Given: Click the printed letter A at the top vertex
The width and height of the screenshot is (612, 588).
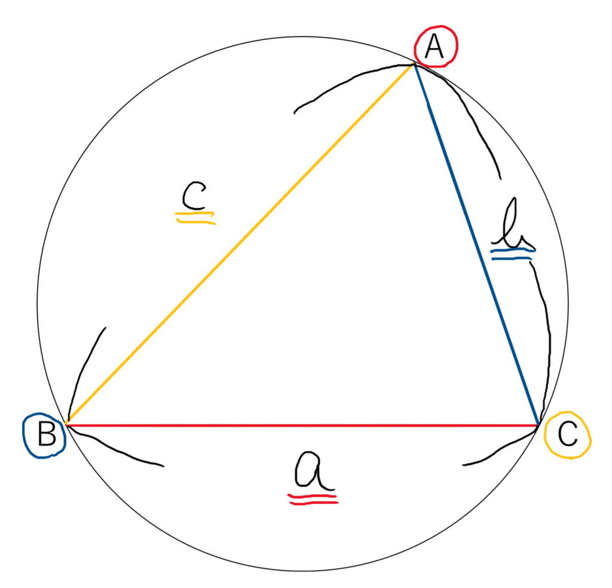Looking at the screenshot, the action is (x=434, y=46).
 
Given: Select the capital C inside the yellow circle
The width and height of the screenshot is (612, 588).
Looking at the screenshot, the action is (x=568, y=434).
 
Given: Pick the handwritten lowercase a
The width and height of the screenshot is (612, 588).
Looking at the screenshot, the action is (x=313, y=471).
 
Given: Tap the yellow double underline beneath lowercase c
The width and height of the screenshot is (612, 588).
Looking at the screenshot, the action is (x=195, y=218).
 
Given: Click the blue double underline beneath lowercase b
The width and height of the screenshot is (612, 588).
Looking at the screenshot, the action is (x=512, y=254).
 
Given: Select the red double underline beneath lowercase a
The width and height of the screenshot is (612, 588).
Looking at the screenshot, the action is (x=313, y=499).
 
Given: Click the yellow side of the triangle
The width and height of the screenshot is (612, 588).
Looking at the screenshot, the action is (x=240, y=244).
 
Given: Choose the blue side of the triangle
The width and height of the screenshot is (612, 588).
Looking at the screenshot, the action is (x=476, y=244).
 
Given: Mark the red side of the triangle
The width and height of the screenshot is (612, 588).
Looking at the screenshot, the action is (x=302, y=425).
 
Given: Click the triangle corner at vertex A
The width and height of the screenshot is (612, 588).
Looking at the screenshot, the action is (x=414, y=65).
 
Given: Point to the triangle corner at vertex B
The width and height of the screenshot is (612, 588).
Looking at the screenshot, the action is (x=67, y=424).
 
